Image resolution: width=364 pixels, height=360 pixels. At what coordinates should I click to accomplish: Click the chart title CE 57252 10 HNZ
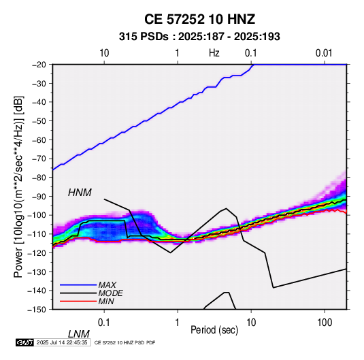(x=199, y=19)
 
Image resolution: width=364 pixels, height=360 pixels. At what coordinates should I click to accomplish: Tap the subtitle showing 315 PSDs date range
(x=199, y=37)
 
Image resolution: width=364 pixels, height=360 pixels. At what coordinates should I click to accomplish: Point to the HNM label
(x=80, y=193)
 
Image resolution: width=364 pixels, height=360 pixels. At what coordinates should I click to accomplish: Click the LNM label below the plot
(x=78, y=334)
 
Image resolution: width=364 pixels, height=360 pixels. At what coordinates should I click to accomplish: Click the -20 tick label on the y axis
(x=39, y=65)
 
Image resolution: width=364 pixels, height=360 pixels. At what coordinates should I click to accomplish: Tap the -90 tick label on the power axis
(x=39, y=196)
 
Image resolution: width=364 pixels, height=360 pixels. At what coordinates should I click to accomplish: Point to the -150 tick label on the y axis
(x=37, y=310)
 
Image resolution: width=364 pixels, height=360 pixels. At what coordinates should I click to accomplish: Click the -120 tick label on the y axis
(x=37, y=252)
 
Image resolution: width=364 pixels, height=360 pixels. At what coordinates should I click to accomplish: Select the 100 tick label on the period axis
(x=325, y=323)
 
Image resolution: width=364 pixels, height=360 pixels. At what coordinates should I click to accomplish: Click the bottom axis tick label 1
(x=178, y=323)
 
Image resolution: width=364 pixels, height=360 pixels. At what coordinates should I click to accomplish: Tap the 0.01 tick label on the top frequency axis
(x=324, y=53)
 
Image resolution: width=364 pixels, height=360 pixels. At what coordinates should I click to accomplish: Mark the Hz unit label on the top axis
(x=214, y=53)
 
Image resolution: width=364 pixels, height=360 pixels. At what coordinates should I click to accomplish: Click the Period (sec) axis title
(x=214, y=330)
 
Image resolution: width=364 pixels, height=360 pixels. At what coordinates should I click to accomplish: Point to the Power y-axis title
(x=18, y=186)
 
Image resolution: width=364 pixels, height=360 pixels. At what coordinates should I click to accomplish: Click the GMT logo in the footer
(x=24, y=342)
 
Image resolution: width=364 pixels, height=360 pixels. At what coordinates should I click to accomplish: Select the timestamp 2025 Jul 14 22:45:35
(x=62, y=342)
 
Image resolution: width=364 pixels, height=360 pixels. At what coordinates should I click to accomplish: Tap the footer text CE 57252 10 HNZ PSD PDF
(x=125, y=342)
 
